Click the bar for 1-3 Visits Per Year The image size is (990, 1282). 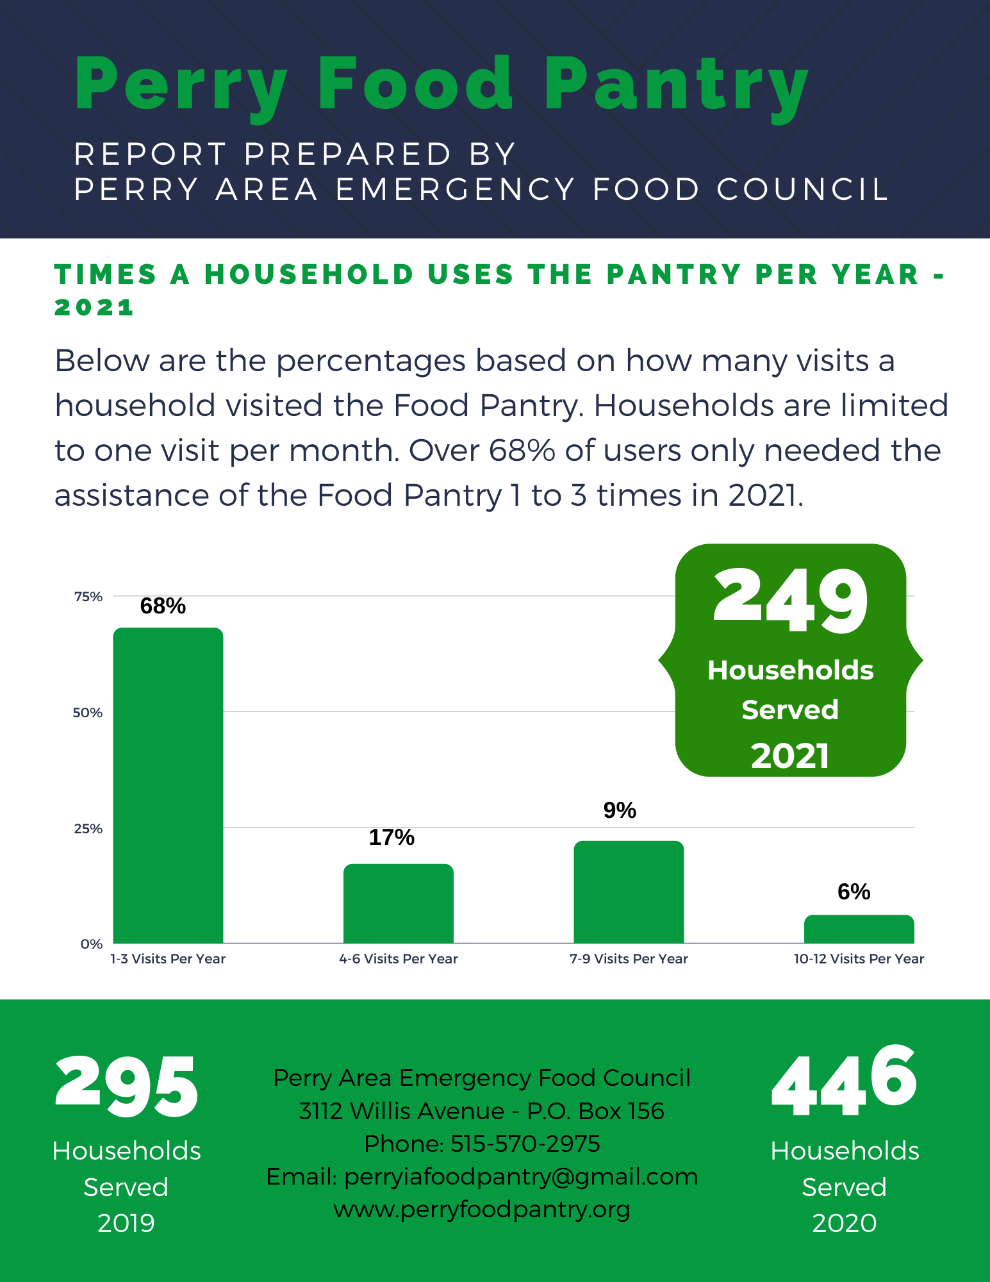(x=168, y=785)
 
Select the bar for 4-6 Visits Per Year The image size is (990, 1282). (x=398, y=903)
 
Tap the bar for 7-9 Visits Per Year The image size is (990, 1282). (x=628, y=892)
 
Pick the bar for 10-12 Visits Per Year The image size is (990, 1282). (x=859, y=929)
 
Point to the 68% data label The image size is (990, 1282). (x=163, y=606)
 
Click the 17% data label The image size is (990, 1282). (x=392, y=837)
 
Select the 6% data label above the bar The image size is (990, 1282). (x=854, y=892)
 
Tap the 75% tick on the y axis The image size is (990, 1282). (x=88, y=597)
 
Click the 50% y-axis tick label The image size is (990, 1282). (x=88, y=713)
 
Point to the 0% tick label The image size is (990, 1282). (x=92, y=944)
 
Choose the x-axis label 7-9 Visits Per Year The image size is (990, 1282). (x=628, y=959)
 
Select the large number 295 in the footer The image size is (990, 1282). (x=127, y=1087)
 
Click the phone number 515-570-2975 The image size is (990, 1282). (x=525, y=1144)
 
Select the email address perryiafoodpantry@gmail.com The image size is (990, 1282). (x=520, y=1177)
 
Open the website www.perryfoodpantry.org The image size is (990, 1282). (x=482, y=1210)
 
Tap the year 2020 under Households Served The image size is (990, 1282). (x=844, y=1223)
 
